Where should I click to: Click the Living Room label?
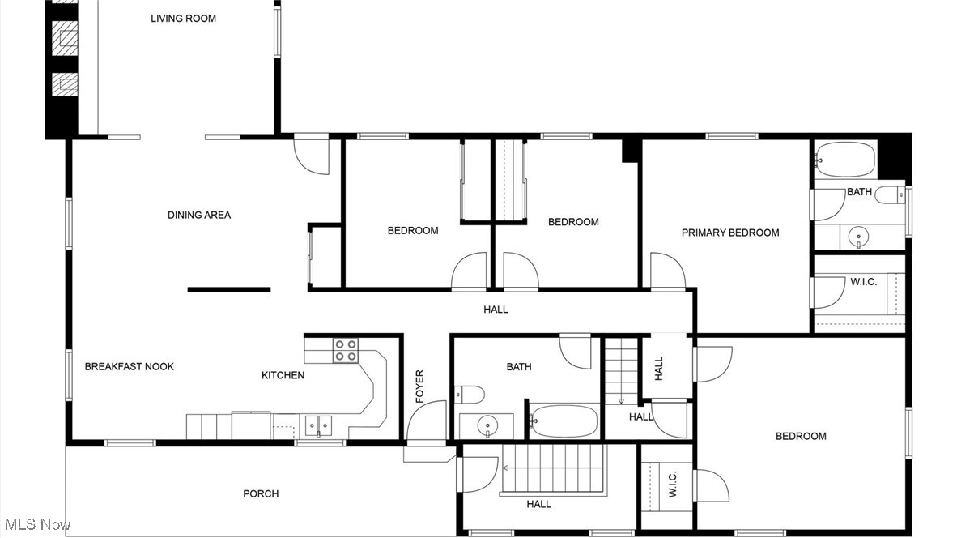pos(183,18)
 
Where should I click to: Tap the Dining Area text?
pos(199,215)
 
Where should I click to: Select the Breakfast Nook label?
pos(130,366)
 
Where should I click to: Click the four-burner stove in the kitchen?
pos(346,350)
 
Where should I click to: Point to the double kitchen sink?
pos(317,425)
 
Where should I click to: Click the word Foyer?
pos(419,386)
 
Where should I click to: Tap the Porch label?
pos(261,493)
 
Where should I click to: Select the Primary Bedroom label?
pos(730,233)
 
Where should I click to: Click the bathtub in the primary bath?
pos(845,160)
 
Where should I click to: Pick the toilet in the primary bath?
pos(890,194)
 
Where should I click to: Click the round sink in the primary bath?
pos(858,237)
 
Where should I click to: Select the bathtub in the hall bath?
pos(564,421)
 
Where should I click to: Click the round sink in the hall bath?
pos(487,425)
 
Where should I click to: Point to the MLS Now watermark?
pos(37,524)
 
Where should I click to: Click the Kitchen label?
pos(283,375)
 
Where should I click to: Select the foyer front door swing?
pos(426,421)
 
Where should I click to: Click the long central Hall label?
pos(496,309)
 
